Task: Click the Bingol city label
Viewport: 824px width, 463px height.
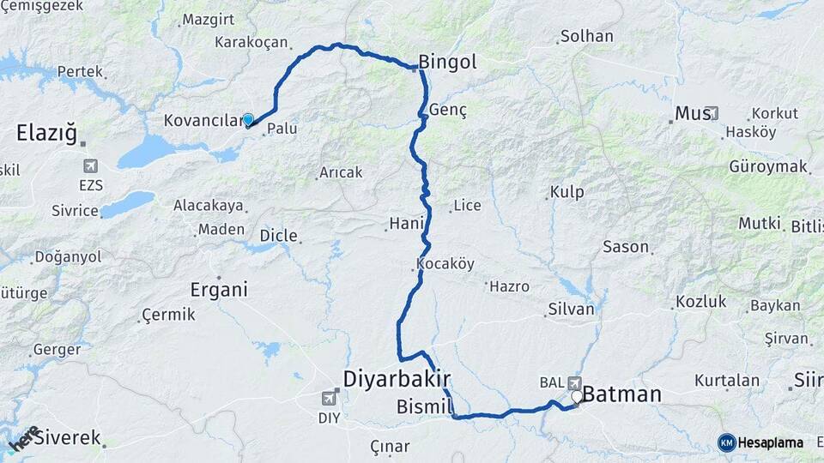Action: point(447,62)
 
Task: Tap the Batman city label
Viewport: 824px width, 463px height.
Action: point(622,394)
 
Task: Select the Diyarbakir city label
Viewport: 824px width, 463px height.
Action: point(397,378)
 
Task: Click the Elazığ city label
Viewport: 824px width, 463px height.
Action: point(46,133)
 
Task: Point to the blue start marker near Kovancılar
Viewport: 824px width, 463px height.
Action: point(248,120)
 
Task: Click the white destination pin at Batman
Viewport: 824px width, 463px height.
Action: point(577,397)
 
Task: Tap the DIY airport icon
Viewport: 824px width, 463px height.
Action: point(328,399)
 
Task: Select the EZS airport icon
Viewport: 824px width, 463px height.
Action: point(90,165)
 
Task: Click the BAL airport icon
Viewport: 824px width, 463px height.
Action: point(573,382)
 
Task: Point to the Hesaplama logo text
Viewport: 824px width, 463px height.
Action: point(771,442)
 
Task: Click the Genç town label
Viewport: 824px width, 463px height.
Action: point(446,110)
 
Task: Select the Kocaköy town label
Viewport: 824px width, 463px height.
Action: point(445,262)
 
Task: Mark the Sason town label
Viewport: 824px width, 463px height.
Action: point(626,246)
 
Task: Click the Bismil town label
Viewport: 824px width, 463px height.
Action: point(424,406)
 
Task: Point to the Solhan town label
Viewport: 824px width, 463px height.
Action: point(586,36)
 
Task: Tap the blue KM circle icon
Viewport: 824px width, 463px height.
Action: point(727,442)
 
